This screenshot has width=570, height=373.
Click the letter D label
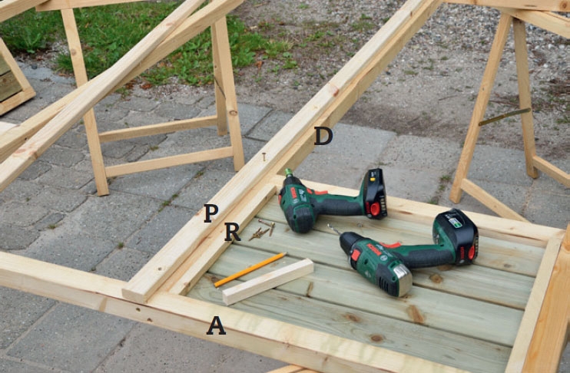(323, 136)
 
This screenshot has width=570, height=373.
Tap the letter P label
(211, 213)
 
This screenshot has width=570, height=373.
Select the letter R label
(232, 232)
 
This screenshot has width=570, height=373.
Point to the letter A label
(217, 325)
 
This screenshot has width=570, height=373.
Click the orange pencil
(250, 270)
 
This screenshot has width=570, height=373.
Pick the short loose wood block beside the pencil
(268, 282)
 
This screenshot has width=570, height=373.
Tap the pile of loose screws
(262, 229)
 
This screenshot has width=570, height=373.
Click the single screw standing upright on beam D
(264, 157)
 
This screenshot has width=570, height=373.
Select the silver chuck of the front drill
(403, 279)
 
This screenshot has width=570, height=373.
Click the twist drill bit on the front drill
(333, 229)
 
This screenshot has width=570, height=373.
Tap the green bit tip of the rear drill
(289, 172)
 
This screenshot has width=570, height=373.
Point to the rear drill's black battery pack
(375, 194)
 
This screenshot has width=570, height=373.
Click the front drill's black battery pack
(456, 236)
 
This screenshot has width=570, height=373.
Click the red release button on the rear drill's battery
(374, 209)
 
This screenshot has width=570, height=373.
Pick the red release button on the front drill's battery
(472, 252)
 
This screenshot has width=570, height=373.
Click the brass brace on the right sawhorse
(505, 117)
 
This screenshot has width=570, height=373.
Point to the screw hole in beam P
(158, 269)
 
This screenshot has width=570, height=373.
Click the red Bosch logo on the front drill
(374, 249)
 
